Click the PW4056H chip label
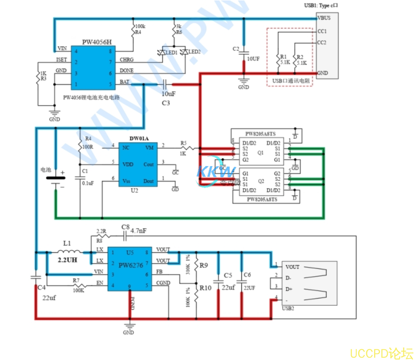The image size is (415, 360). coord(96,42)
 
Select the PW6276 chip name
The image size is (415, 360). coord(131,265)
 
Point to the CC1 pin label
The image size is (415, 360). coord(322,31)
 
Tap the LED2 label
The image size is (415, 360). coord(194,52)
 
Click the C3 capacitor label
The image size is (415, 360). coord(166,103)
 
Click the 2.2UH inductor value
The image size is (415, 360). coord(67,261)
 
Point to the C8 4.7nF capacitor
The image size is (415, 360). coord(125,236)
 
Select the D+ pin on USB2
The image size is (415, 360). coord(289,289)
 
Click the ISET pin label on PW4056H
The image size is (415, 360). coord(62,60)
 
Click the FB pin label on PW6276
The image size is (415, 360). coord(159,272)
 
